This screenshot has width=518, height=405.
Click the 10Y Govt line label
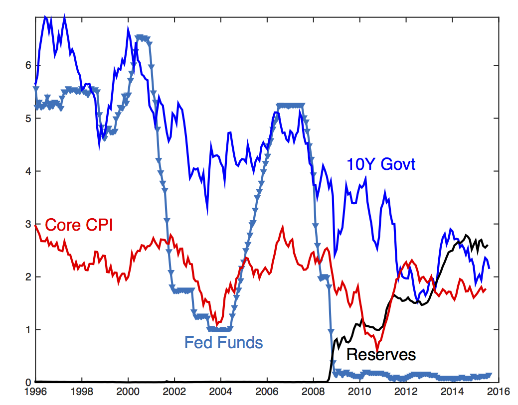coord(381,164)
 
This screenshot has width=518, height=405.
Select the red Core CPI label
coord(79,225)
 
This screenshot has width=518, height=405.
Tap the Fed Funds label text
coord(223,342)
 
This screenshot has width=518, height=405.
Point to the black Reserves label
coord(381,354)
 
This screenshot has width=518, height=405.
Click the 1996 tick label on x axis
coord(36,391)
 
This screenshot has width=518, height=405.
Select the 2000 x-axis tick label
coord(128,391)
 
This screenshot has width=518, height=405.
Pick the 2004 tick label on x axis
coord(221,391)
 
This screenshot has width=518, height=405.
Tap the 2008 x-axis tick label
coord(314,391)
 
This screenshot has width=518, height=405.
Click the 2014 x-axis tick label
coord(452,391)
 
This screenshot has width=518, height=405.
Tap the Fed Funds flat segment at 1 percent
coord(220,329)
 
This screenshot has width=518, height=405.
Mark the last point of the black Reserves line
coord(488,245)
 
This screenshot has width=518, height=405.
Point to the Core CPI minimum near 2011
coord(377,349)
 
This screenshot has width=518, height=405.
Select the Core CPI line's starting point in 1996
coord(36,226)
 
